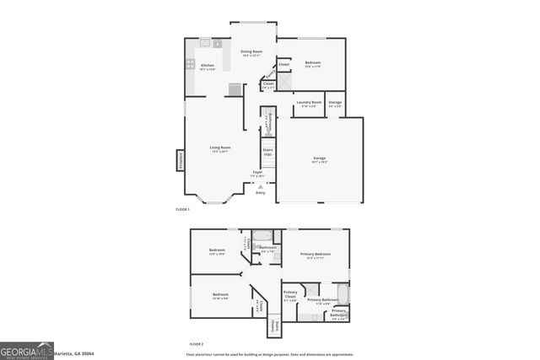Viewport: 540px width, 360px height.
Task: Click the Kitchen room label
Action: [x=208, y=67]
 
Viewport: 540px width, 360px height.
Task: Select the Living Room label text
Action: [x=220, y=149]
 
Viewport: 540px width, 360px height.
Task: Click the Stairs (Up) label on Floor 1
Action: [x=267, y=153]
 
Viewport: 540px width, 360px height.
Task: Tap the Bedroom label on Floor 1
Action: [x=312, y=64]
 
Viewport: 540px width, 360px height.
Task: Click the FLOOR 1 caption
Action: [x=183, y=209]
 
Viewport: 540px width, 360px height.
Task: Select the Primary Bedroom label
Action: [x=317, y=255]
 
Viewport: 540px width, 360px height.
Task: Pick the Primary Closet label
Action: [x=290, y=295]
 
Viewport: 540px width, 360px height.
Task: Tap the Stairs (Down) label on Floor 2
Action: [x=275, y=327]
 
